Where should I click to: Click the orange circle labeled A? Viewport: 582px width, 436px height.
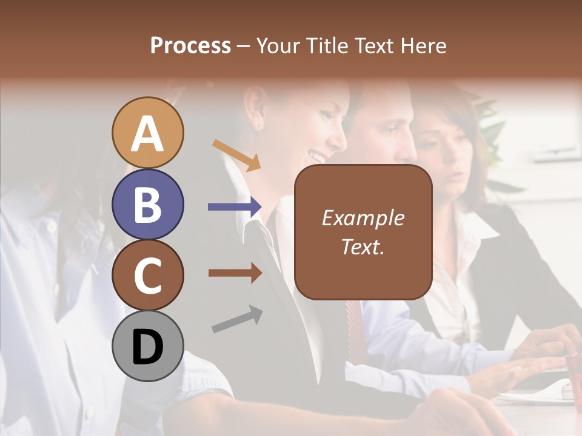tap(148, 133)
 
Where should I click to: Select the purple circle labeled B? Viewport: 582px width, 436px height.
tap(148, 204)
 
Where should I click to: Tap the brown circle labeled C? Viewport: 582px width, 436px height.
tap(148, 276)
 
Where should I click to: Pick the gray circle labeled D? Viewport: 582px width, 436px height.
tap(148, 347)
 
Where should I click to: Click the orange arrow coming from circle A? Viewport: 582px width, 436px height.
tap(236, 155)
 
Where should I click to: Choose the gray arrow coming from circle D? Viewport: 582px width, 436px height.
tap(237, 320)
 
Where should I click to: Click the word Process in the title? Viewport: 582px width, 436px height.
tap(190, 46)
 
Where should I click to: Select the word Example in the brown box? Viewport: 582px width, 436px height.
tap(363, 218)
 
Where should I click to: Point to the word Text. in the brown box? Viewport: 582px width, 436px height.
tap(363, 247)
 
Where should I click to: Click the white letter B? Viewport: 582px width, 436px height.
tap(148, 204)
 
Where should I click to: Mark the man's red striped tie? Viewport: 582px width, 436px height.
tap(354, 327)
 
